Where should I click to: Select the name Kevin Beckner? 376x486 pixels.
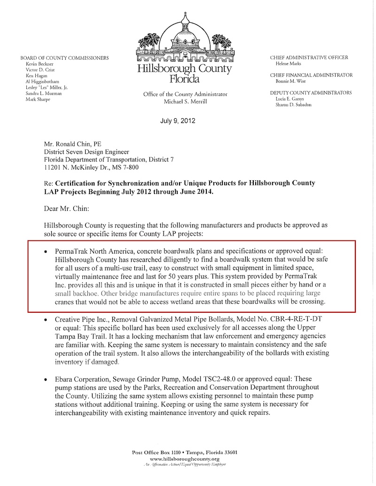39,63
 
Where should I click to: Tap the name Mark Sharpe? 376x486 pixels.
38,100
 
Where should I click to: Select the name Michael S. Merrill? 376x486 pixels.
185,102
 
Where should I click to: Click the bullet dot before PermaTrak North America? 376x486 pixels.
46,253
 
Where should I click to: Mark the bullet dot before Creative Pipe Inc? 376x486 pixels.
46,320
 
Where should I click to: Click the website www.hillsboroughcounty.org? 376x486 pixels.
185,458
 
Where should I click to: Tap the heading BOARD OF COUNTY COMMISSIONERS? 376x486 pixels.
64,58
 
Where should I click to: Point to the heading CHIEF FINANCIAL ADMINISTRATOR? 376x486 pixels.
311,75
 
